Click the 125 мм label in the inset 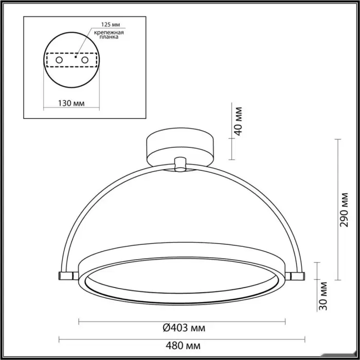111,25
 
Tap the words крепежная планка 109,34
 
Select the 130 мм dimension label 71,103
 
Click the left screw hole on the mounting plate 59,60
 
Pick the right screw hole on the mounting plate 85,60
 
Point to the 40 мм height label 239,121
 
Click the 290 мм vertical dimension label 344,210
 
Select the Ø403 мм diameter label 184,328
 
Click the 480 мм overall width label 183,345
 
